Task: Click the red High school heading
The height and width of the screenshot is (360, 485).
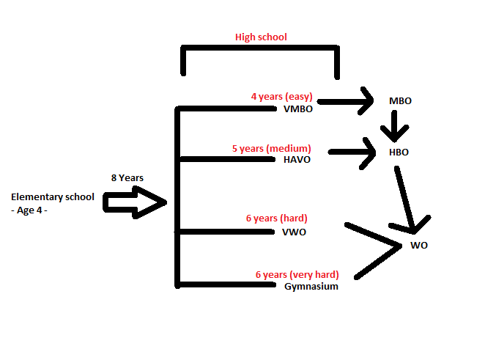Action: click(261, 37)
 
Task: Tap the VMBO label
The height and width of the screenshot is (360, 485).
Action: click(297, 109)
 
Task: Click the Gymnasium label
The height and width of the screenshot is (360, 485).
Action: click(311, 287)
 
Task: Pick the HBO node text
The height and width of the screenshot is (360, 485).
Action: click(399, 153)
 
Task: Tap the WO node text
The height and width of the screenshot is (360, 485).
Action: click(418, 246)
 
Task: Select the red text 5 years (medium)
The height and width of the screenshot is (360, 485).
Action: click(271, 148)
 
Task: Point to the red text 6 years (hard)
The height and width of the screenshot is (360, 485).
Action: click(276, 218)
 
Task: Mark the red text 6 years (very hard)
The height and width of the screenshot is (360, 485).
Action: click(297, 274)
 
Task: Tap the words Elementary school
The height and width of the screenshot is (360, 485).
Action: click(53, 196)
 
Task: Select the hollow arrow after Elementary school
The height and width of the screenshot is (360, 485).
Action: click(136, 202)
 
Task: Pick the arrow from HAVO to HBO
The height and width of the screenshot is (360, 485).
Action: click(352, 153)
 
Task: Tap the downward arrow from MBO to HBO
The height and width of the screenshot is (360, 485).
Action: click(396, 126)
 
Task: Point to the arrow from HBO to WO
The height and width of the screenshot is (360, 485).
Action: click(408, 198)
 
